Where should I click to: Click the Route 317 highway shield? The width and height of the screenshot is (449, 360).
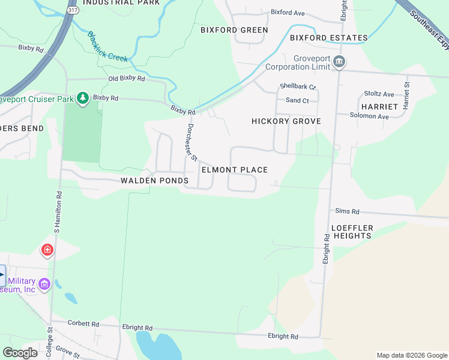pyautogui.click(x=73, y=11)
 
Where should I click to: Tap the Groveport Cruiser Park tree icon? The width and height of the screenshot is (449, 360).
pyautogui.click(x=83, y=98)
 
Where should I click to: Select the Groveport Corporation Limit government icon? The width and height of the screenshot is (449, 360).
pyautogui.click(x=339, y=61)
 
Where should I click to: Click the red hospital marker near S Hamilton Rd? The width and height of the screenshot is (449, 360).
pyautogui.click(x=47, y=250)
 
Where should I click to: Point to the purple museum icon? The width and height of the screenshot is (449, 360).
pyautogui.click(x=44, y=284)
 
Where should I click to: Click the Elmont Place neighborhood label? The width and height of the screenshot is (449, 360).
pyautogui.click(x=235, y=170)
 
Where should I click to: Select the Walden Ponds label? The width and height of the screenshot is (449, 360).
pyautogui.click(x=154, y=181)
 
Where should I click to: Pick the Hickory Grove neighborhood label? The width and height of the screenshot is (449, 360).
pyautogui.click(x=286, y=121)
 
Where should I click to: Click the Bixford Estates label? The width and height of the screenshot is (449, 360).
pyautogui.click(x=328, y=38)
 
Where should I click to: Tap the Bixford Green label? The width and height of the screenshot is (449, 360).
pyautogui.click(x=234, y=29)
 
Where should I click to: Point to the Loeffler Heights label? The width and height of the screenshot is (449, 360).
pyautogui.click(x=352, y=232)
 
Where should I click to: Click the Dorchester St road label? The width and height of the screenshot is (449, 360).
pyautogui.click(x=191, y=143)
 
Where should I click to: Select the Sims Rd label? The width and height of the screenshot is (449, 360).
pyautogui.click(x=347, y=212)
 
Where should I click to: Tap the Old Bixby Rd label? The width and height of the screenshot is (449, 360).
pyautogui.click(x=126, y=79)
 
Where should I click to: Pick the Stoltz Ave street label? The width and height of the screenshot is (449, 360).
pyautogui.click(x=379, y=94)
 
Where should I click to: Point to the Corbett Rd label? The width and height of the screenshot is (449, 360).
pyautogui.click(x=83, y=323)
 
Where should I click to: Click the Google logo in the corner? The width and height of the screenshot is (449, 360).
pyautogui.click(x=20, y=353)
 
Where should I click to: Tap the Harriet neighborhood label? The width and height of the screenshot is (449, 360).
pyautogui.click(x=379, y=106)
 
